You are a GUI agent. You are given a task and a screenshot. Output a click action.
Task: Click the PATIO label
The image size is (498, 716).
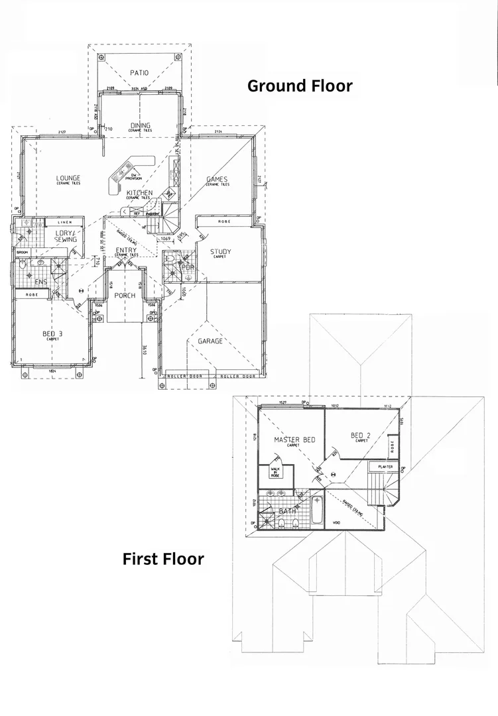pos(139,73)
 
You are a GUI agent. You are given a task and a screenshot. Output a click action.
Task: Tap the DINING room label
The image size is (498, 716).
pos(141,125)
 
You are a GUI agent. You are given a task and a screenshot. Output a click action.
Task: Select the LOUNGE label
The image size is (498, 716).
pos(68,178)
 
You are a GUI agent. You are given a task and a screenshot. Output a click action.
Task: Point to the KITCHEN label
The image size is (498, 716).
pos(140,193)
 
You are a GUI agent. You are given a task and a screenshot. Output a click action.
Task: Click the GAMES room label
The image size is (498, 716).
pos(217,179)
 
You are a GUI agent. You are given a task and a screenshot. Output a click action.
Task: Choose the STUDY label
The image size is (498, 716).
pos(220,251)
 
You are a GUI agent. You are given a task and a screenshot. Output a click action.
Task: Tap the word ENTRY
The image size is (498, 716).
pos(126,250)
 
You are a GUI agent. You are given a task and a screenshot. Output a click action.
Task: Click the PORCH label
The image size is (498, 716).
pos(125,296)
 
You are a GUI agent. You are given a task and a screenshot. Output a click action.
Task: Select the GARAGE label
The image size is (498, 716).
pos(210,341)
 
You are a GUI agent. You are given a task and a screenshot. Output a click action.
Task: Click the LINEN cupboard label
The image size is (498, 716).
pos(64,223)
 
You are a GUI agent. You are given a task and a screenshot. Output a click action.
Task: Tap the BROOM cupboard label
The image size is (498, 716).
pos(22,253)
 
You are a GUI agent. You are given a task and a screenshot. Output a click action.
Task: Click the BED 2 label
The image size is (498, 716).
pos(361,436)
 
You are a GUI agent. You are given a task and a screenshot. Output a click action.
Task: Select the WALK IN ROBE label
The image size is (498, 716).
pos(275,472)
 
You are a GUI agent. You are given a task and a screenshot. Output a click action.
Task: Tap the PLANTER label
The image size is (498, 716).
pos(385,467)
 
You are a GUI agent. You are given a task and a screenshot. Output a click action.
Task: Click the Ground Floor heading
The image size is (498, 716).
pos(300,86)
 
